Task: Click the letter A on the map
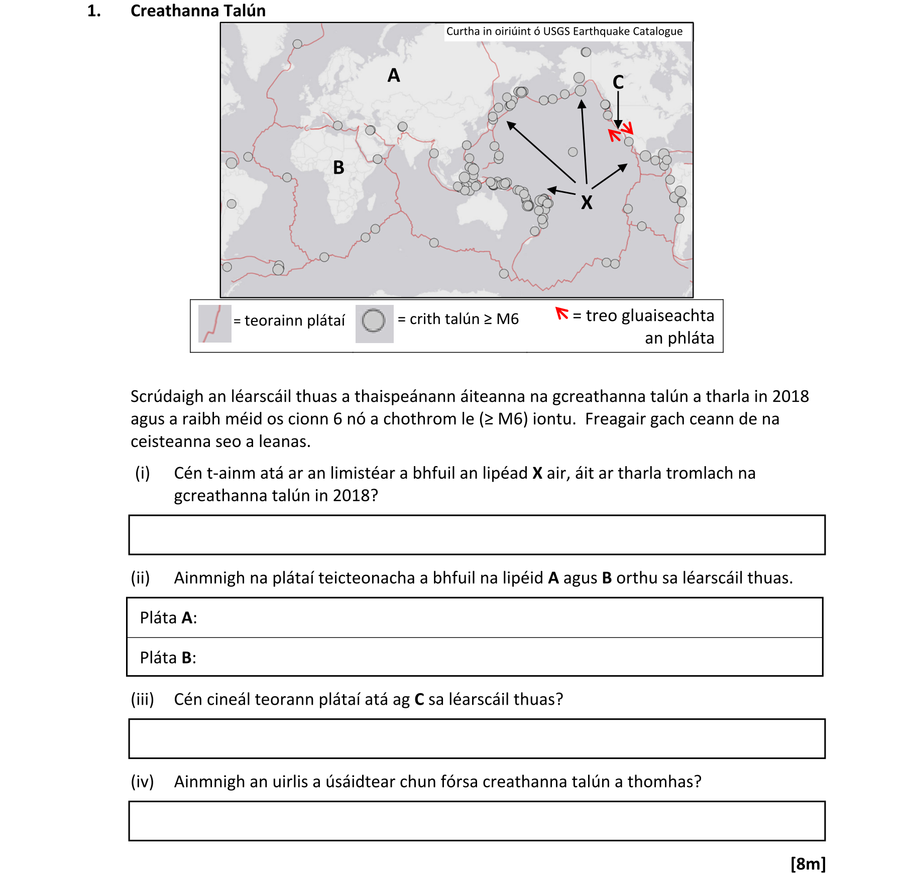(394, 75)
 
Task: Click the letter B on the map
(339, 167)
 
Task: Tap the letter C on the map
(618, 82)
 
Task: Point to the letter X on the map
(587, 202)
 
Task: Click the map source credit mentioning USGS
(564, 31)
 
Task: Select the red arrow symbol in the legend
(561, 314)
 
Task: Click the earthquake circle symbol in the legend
(374, 320)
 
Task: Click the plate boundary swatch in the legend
(214, 323)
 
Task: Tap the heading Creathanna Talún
(198, 11)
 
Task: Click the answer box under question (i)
(477, 534)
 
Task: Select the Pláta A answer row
(475, 617)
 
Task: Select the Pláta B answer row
(475, 657)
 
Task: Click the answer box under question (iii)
(477, 738)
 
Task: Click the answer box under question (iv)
(477, 821)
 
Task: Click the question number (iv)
(142, 782)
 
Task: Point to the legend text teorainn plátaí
(295, 320)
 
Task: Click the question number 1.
(94, 11)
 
